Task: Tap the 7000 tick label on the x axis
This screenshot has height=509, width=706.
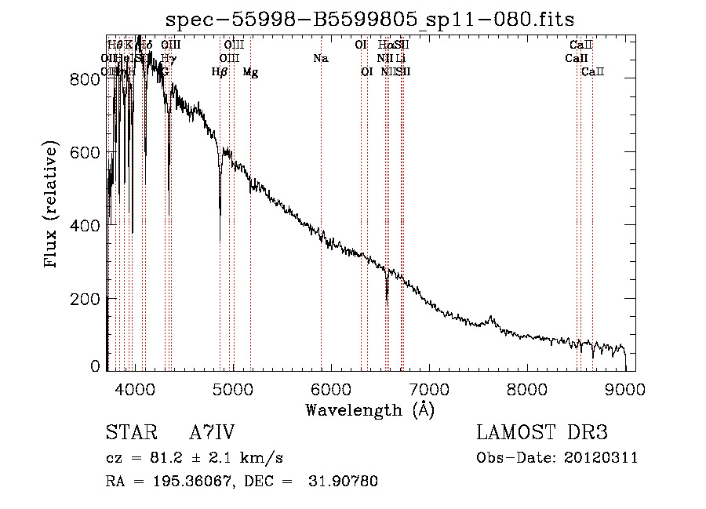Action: tap(429, 387)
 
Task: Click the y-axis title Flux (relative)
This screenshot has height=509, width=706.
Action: tap(53, 205)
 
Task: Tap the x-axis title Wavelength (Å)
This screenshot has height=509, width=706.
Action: tap(369, 409)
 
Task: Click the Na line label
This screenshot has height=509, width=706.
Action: tap(320, 59)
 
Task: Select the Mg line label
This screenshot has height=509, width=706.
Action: tap(250, 72)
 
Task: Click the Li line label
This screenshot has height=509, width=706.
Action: tap(400, 59)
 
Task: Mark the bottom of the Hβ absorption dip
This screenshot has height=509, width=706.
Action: tap(220, 213)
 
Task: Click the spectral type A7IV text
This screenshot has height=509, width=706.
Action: tap(212, 433)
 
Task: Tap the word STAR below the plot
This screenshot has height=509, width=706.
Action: tap(127, 433)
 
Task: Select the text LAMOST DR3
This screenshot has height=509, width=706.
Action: tap(542, 433)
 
